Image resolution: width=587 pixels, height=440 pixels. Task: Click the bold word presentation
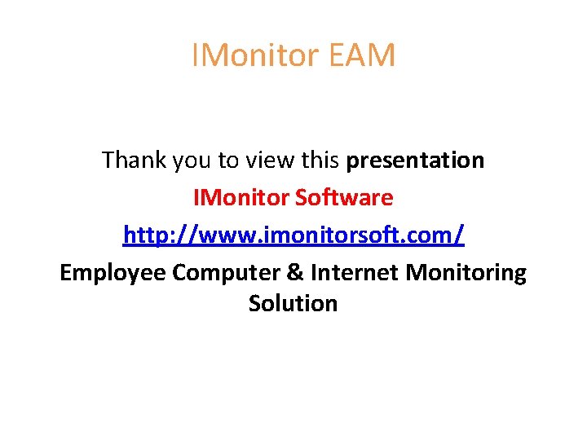point(415,161)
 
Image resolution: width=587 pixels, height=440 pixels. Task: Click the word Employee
point(113,273)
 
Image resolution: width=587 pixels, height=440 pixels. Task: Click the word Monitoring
point(466,273)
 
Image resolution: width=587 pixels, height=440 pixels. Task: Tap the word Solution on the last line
point(293,303)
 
